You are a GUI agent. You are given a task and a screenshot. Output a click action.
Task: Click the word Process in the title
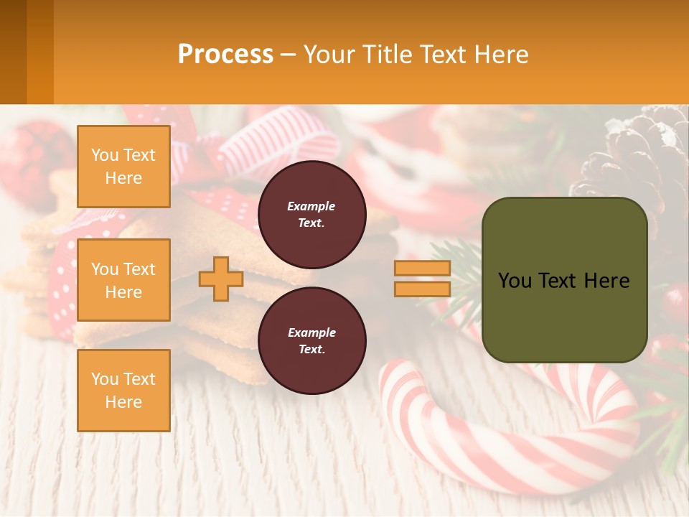click(225, 55)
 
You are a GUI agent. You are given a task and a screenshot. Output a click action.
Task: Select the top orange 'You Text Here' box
click(123, 167)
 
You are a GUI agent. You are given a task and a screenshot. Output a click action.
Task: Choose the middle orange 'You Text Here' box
click(123, 280)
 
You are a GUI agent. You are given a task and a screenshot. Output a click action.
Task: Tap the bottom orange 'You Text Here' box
click(123, 390)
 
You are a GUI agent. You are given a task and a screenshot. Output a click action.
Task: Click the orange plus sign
click(221, 279)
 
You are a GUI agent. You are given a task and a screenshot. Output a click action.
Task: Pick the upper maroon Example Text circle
click(311, 214)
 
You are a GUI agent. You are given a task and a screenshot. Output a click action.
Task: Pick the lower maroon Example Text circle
click(311, 340)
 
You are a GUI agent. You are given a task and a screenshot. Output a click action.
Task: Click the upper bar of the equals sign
click(422, 269)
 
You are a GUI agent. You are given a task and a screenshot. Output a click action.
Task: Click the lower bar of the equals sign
click(422, 289)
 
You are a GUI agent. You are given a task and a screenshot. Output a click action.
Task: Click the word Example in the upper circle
click(311, 206)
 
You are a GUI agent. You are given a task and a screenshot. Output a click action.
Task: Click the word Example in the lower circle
click(311, 332)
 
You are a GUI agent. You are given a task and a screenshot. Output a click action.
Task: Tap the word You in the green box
click(515, 281)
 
